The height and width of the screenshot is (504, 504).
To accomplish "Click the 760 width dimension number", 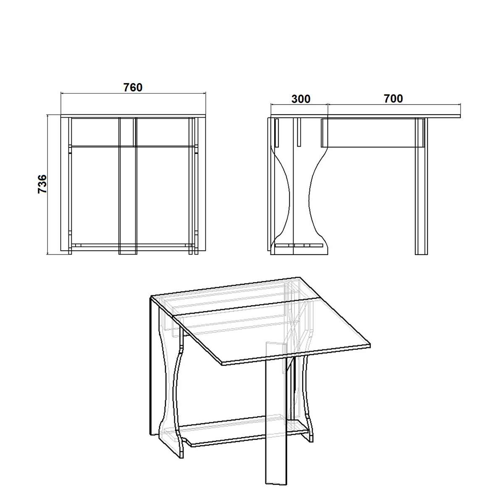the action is click(133, 87).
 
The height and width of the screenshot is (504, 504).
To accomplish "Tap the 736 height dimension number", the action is click(42, 184).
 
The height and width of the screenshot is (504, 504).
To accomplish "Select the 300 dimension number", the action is click(301, 99).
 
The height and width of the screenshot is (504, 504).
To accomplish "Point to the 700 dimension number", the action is click(394, 98).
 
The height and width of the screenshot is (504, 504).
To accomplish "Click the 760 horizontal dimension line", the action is click(133, 93).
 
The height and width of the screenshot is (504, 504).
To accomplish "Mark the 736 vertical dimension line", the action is click(47, 184).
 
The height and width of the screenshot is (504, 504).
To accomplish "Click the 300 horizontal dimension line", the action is click(299, 104).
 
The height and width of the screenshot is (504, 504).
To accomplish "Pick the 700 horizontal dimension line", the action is click(394, 104).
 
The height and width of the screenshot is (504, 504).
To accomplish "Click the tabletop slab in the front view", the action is click(133, 116).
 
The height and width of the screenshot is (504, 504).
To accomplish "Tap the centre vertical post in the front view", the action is click(128, 186).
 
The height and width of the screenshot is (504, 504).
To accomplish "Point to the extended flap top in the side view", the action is click(394, 116).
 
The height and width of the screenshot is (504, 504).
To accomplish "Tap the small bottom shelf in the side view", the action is click(299, 246).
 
